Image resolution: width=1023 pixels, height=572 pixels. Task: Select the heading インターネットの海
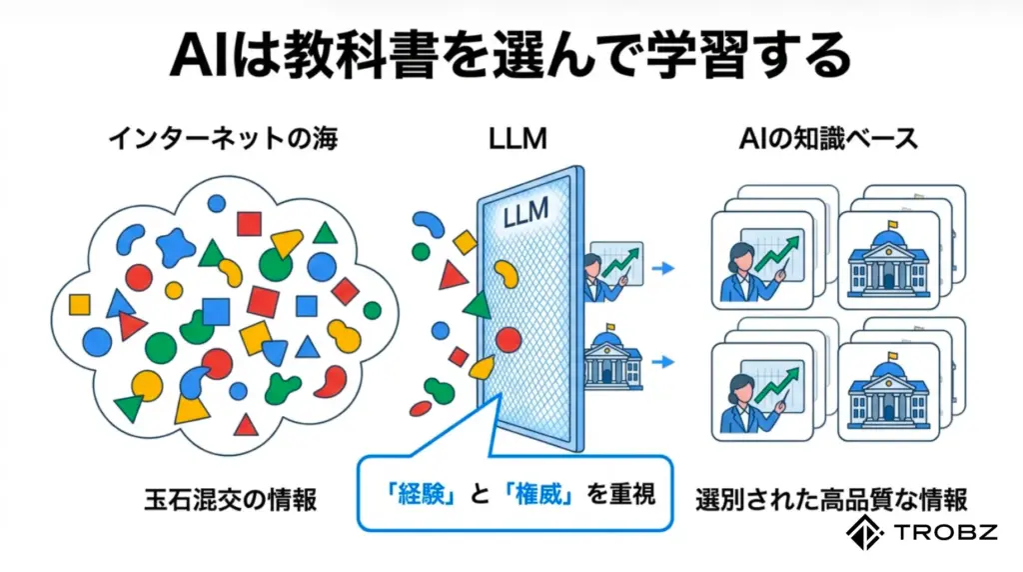tap(222, 138)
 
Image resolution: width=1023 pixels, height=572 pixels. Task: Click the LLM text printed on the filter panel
tap(527, 213)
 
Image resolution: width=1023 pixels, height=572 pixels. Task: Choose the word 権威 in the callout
tap(542, 493)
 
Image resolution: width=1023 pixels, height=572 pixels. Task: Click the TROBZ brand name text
tap(947, 532)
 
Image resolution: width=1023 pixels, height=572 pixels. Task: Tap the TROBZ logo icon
tap(865, 532)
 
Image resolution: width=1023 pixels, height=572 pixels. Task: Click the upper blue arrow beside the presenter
tap(661, 268)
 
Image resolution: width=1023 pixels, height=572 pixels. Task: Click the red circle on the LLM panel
tap(509, 340)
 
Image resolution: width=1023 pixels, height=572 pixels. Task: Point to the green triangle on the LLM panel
tap(479, 305)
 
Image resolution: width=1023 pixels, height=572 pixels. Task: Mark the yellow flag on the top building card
tap(893, 225)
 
